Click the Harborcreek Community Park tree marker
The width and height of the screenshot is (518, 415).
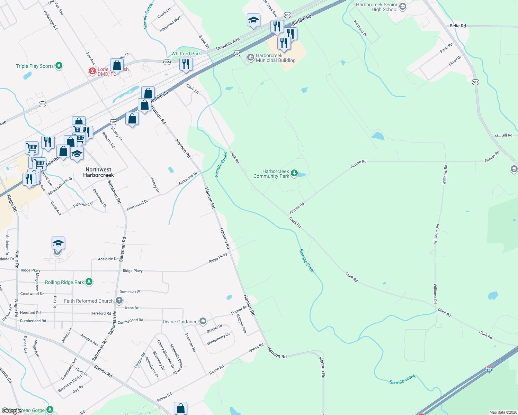294,173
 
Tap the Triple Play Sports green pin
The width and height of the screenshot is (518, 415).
59,65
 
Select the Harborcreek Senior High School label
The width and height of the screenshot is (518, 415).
377,7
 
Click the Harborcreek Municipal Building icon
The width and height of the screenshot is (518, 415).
250,58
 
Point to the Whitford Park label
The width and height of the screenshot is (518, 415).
186,54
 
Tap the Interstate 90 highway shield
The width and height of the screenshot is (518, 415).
489,369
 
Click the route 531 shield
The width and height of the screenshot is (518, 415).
475,82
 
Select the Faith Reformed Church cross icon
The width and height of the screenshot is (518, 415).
119,300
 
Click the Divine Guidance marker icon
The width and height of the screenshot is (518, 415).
203,321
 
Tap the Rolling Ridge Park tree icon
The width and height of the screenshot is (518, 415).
89,282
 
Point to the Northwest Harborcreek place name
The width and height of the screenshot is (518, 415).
98,172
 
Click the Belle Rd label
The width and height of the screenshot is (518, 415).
458,26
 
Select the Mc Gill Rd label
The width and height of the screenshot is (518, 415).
503,136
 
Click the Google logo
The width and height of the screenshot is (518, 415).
12,411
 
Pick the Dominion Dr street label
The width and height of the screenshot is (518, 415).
130,292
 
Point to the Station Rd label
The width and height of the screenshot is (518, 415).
103,372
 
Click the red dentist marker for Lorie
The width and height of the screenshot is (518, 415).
92,71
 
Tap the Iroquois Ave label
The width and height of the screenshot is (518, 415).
228,44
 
